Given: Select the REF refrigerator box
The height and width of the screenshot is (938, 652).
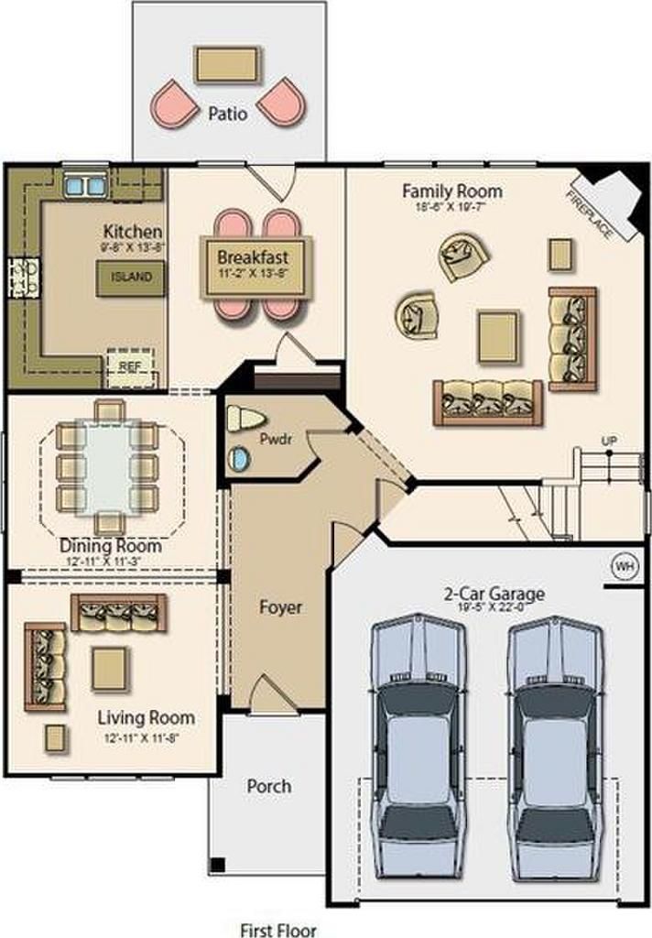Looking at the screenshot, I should pyautogui.click(x=127, y=365).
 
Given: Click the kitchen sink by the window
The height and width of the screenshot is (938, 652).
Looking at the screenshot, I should pyautogui.click(x=84, y=186).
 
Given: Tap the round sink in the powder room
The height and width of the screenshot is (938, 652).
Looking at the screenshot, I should pyautogui.click(x=238, y=458).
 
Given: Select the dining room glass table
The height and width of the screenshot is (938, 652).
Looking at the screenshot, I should pyautogui.click(x=108, y=464).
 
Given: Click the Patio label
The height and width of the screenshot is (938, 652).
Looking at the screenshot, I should pyautogui.click(x=227, y=115).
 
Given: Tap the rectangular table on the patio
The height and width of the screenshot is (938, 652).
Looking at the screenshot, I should pyautogui.click(x=227, y=64).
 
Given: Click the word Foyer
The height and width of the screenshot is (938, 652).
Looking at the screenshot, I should pyautogui.click(x=280, y=606).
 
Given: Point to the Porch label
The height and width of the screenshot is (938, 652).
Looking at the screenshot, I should pyautogui.click(x=269, y=785).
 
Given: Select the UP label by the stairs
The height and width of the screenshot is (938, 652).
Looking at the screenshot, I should pyautogui.click(x=609, y=442).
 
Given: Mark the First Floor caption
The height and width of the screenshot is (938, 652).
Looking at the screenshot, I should pyautogui.click(x=278, y=930).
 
